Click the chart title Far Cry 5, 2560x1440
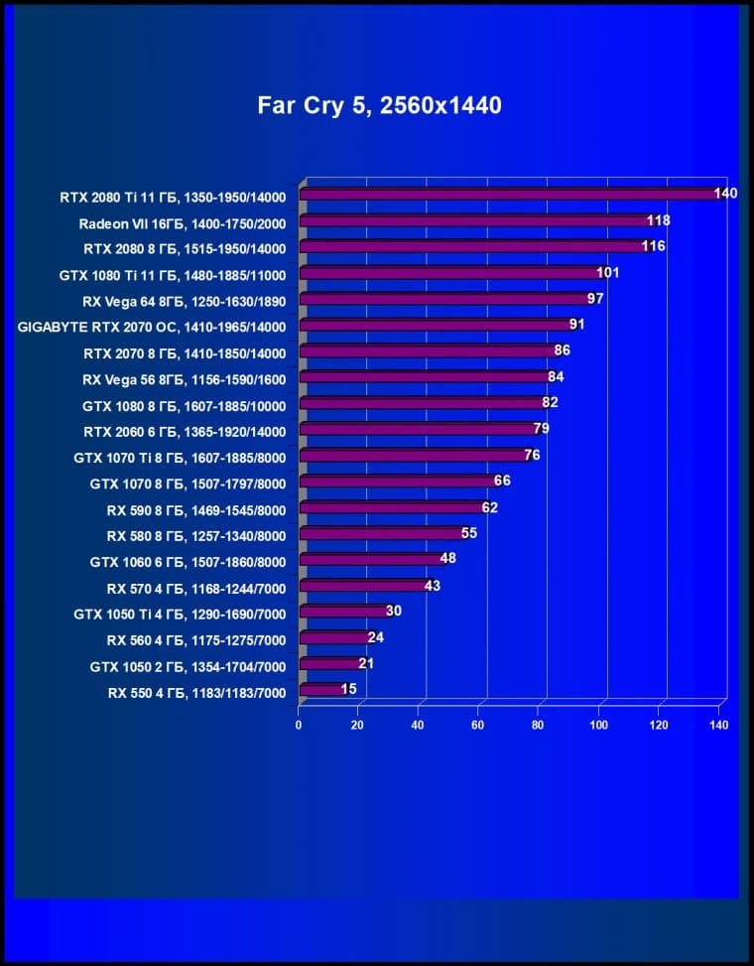[x=379, y=105]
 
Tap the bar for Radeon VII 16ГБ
[x=473, y=220]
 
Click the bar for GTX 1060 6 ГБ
[x=369, y=559]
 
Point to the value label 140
[x=725, y=193]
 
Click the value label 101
[x=608, y=272]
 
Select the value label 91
[x=577, y=324]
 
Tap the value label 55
[x=469, y=533]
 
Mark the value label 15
[x=349, y=689]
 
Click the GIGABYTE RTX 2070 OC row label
[x=152, y=327]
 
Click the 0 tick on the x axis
[x=299, y=725]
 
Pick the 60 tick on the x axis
[x=479, y=725]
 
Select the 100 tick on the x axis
[x=599, y=725]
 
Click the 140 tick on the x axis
[x=719, y=725]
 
